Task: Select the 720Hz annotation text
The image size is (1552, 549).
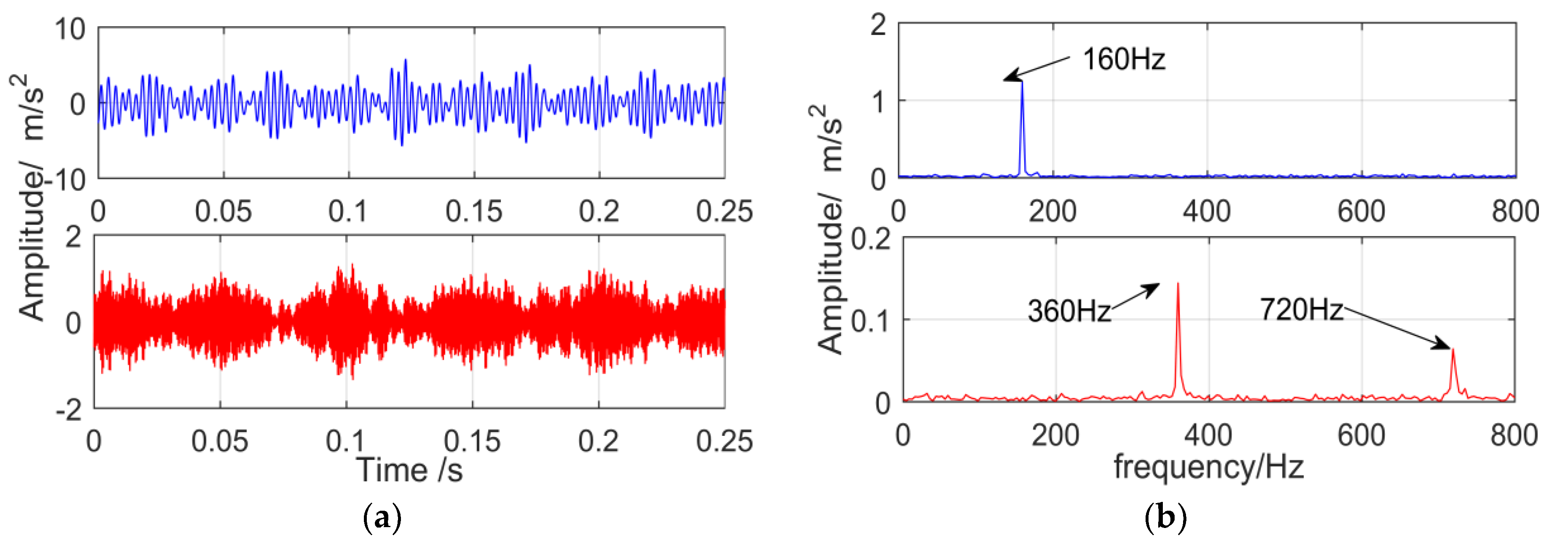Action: coord(1301,309)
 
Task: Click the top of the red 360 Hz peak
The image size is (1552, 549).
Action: coord(1178,283)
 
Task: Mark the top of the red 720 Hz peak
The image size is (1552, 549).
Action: coord(1453,349)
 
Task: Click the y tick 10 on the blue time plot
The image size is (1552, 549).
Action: coord(70,29)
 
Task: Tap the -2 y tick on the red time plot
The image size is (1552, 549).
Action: coord(69,411)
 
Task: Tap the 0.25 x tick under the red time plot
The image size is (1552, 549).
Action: coord(724,441)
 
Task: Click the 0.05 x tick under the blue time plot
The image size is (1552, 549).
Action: coord(223,212)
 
